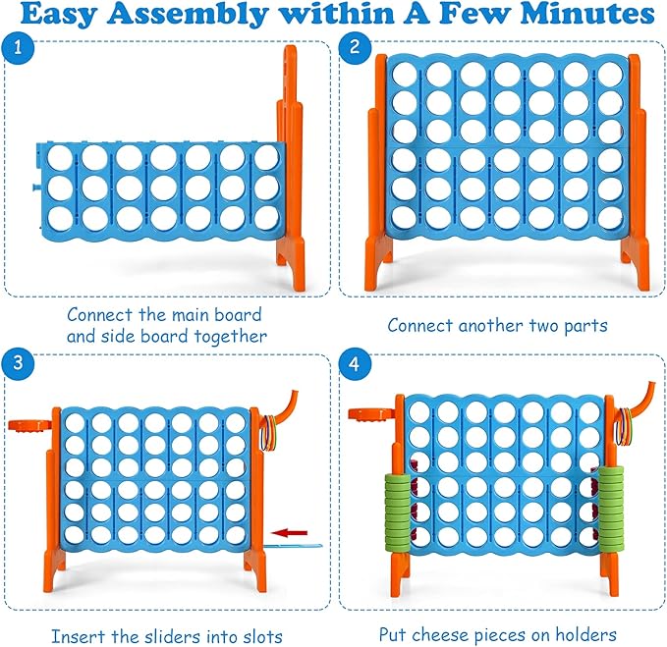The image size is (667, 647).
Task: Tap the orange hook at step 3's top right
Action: pyautogui.click(x=290, y=404)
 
